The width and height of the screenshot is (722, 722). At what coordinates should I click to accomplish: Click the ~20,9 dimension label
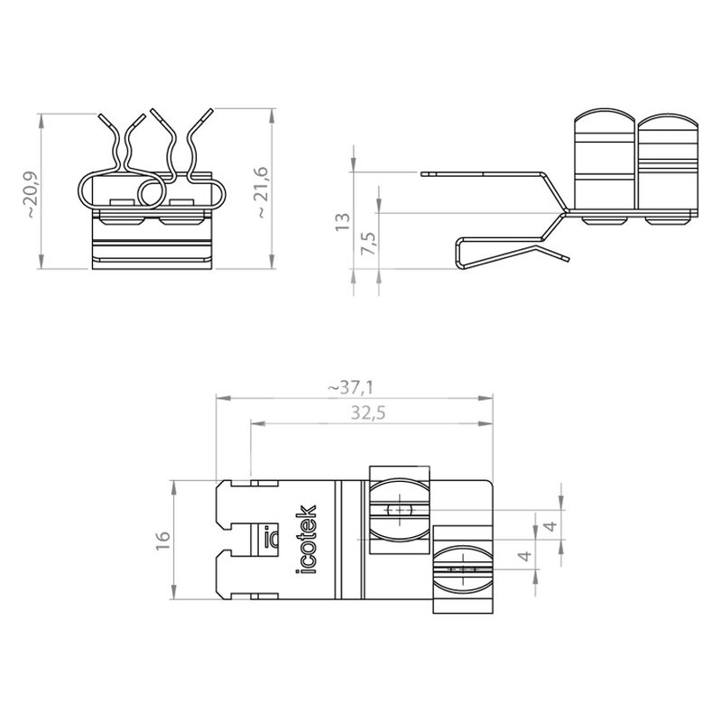pyautogui.click(x=32, y=195)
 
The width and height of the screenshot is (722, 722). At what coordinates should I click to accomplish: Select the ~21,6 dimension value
pyautogui.click(x=260, y=192)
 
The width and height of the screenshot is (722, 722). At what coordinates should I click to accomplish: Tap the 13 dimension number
pyautogui.click(x=343, y=221)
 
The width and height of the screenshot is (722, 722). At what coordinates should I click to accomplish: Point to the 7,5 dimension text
pyautogui.click(x=369, y=243)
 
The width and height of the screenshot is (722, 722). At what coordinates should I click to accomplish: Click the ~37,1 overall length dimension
pyautogui.click(x=351, y=388)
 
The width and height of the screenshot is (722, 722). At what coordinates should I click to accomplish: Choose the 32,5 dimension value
pyautogui.click(x=368, y=413)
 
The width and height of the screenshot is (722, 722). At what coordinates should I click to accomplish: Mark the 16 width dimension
pyautogui.click(x=163, y=540)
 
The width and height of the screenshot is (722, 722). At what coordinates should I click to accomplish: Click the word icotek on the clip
pyautogui.click(x=306, y=539)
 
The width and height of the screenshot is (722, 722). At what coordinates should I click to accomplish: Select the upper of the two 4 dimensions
pyautogui.click(x=551, y=525)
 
